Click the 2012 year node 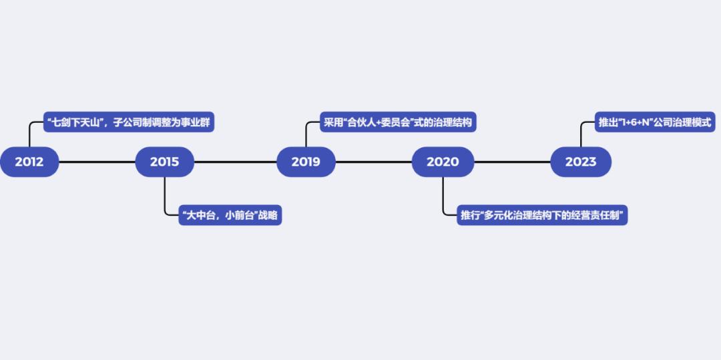pyautogui.click(x=29, y=162)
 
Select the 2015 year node pyautogui.click(x=164, y=162)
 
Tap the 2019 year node pyautogui.click(x=306, y=162)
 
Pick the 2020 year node pyautogui.click(x=443, y=162)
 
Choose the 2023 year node pyautogui.click(x=580, y=162)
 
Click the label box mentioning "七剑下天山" pyautogui.click(x=129, y=123)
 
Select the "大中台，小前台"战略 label pyautogui.click(x=230, y=216)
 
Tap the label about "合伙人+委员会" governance pyautogui.click(x=397, y=123)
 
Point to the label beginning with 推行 pyautogui.click(x=541, y=216)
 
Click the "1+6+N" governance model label pyautogui.click(x=656, y=123)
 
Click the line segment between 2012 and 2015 pyautogui.click(x=97, y=162)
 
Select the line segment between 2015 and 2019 pyautogui.click(x=235, y=162)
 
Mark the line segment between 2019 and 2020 pyautogui.click(x=374, y=162)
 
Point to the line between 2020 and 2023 pyautogui.click(x=512, y=162)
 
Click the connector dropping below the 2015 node pyautogui.click(x=165, y=197)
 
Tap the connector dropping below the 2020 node pyautogui.click(x=443, y=197)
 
